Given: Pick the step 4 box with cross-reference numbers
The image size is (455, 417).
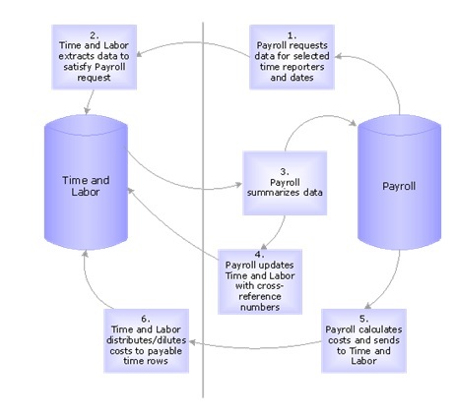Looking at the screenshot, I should pyautogui.click(x=263, y=278).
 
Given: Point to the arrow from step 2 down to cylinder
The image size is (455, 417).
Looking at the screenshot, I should pyautogui.click(x=91, y=98).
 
